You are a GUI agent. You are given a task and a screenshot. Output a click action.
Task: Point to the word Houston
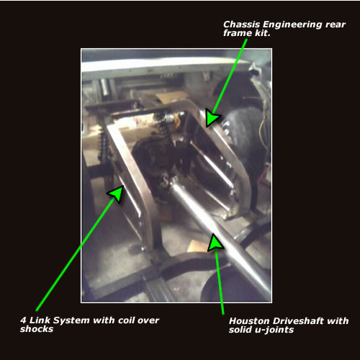[250, 321]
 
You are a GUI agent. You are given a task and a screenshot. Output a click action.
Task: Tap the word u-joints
[274, 330]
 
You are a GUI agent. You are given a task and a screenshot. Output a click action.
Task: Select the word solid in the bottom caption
[240, 330]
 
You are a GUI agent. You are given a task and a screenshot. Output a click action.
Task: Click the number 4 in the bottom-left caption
[23, 320]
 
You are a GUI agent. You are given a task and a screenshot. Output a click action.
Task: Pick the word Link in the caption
[40, 320]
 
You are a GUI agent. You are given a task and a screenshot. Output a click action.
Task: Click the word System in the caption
[71, 320]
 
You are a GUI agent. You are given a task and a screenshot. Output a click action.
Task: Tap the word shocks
[37, 329]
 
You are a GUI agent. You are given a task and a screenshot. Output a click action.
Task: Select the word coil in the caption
[126, 320]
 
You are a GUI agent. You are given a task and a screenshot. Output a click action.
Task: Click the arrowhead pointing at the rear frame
[212, 117]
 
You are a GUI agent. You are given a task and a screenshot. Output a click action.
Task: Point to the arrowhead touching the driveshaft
[215, 243]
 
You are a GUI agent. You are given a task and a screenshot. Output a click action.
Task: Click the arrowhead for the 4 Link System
[117, 194]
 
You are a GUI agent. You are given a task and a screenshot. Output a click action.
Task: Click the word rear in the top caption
[336, 24]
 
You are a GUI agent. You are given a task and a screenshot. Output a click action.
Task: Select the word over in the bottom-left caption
[148, 320]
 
